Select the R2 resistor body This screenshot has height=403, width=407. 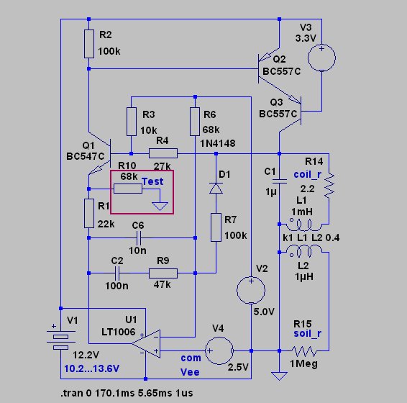pyautogui.click(x=89, y=44)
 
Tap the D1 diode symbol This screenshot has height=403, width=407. pyautogui.click(x=216, y=188)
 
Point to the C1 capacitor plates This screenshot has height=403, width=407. pyautogui.click(x=279, y=181)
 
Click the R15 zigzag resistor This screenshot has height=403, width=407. pyautogui.click(x=304, y=351)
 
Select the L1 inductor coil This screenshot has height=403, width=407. pyautogui.click(x=303, y=225)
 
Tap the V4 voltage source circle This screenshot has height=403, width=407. pyautogui.click(x=219, y=350)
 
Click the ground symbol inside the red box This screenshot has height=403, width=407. pyautogui.click(x=160, y=206)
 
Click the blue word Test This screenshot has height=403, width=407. pyautogui.click(x=152, y=181)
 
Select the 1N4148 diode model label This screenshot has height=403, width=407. pyautogui.click(x=218, y=143)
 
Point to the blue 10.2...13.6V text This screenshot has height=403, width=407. pyautogui.click(x=91, y=368)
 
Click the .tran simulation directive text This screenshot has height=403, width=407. pyautogui.click(x=127, y=393)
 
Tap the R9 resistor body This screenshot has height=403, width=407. pyautogui.click(x=163, y=273)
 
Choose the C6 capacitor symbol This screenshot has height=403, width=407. pyautogui.click(x=139, y=237)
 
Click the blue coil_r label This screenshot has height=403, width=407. pyautogui.click(x=308, y=175)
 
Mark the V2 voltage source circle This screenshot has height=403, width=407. pyautogui.click(x=251, y=290)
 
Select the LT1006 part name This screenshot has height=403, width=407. pyautogui.click(x=119, y=332)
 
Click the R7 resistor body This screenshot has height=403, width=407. pyautogui.click(x=216, y=227)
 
